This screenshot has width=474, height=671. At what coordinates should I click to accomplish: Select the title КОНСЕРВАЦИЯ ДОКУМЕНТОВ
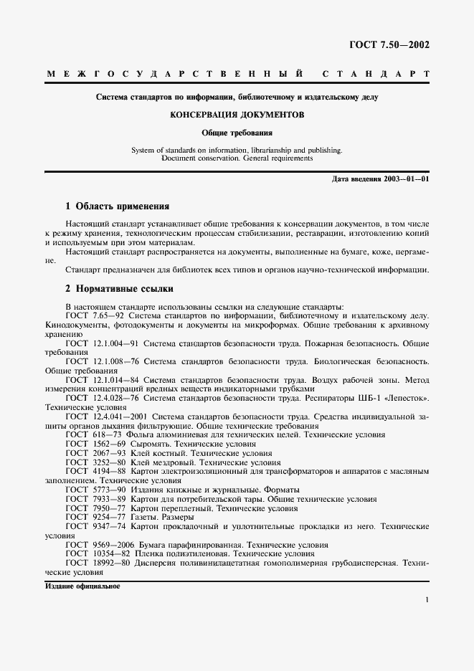pos(237,114)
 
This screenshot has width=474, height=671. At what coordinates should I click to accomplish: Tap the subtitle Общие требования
pos(237,133)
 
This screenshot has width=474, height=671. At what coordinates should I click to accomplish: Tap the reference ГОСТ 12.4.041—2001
pos(106,416)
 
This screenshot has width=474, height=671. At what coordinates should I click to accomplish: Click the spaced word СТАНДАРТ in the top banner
pos(376,74)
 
